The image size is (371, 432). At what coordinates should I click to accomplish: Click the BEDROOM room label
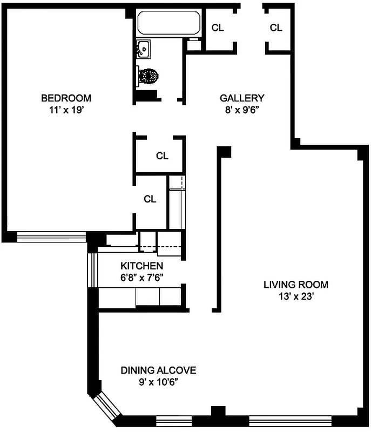tap(66, 98)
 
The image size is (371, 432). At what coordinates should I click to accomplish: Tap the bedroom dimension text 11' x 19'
tap(66, 109)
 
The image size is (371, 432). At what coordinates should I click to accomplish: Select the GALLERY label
tap(242, 98)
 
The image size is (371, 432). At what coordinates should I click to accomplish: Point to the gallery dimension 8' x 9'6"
tap(242, 109)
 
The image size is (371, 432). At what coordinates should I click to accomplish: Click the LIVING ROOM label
tap(295, 285)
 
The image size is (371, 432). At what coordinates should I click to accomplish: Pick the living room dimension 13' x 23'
tap(295, 296)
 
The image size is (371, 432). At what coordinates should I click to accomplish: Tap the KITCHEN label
tap(141, 266)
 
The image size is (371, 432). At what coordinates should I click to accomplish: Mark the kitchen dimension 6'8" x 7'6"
tap(141, 276)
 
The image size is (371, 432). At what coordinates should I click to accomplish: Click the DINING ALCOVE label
tap(158, 370)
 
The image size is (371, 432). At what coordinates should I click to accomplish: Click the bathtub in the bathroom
tap(168, 23)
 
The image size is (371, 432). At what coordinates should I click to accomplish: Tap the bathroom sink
tap(143, 50)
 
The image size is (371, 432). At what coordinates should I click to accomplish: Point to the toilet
tap(149, 76)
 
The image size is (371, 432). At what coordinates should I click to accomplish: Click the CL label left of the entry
tap(218, 28)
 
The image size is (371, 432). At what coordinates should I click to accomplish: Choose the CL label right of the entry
tap(276, 28)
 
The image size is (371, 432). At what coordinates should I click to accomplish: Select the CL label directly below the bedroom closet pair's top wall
tap(162, 156)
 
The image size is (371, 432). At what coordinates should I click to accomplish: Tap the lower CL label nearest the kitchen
tap(150, 199)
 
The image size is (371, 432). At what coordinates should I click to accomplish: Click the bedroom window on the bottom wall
tap(51, 235)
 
